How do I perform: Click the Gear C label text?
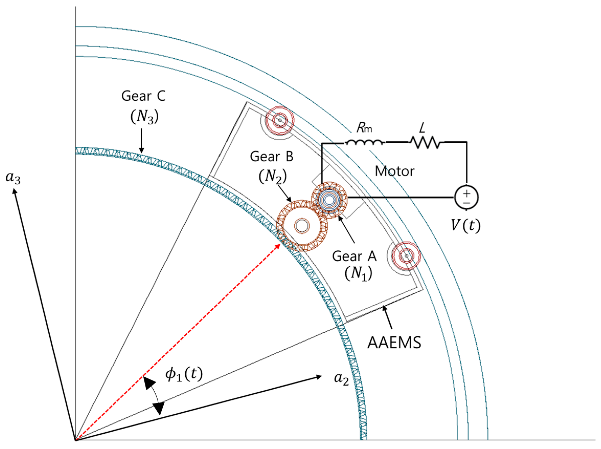tap(143, 96)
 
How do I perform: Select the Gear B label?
tap(271, 157)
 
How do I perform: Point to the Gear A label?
tap(354, 256)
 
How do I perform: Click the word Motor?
tap(394, 171)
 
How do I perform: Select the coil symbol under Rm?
tap(365, 142)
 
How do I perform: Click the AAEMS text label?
tap(394, 343)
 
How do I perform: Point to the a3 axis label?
tap(13, 178)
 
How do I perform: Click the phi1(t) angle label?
tap(184, 374)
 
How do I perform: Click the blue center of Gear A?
tap(329, 200)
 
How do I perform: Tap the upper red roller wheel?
tap(280, 120)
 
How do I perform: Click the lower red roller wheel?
tap(406, 256)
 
